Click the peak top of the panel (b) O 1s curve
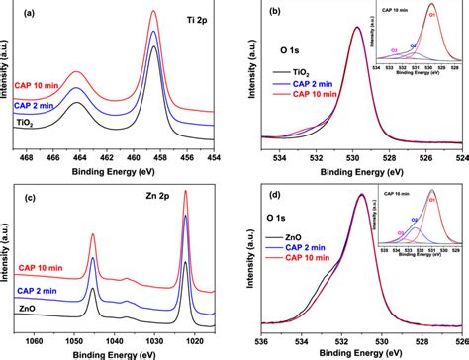click(x=356, y=28)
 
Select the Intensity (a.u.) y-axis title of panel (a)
click(x=8, y=79)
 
